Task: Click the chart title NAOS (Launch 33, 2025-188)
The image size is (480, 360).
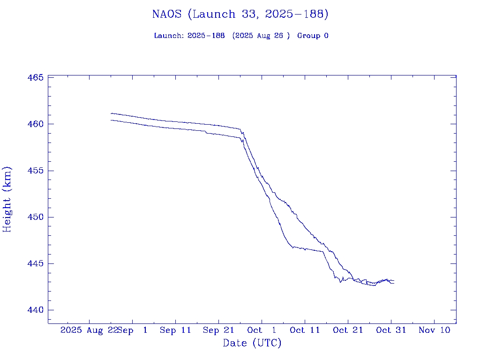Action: (x=240, y=15)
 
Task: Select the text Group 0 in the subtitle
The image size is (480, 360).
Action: (x=313, y=36)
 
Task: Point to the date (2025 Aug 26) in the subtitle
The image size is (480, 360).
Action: (x=261, y=36)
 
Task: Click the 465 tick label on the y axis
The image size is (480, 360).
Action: (x=36, y=77)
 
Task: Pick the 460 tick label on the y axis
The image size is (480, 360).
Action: (x=36, y=124)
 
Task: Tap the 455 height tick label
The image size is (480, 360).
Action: (x=36, y=171)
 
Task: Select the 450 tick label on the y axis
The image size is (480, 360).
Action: (x=36, y=217)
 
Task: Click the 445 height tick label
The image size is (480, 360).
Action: (x=36, y=263)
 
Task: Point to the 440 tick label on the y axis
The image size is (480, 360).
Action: (x=36, y=310)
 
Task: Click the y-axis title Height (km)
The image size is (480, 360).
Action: (x=7, y=199)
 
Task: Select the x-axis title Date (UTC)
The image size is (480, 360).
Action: (x=252, y=343)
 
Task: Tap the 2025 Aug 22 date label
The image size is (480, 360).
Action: (x=88, y=330)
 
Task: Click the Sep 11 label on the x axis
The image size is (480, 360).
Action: (x=175, y=330)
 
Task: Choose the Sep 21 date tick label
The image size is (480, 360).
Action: (x=218, y=330)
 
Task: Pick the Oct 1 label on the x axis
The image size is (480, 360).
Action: (x=262, y=330)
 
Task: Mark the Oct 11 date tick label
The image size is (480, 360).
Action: (x=305, y=330)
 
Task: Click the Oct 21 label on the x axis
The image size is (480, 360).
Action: (x=348, y=330)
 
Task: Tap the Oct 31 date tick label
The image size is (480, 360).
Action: (x=391, y=330)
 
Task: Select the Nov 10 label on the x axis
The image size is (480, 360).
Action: (x=434, y=330)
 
